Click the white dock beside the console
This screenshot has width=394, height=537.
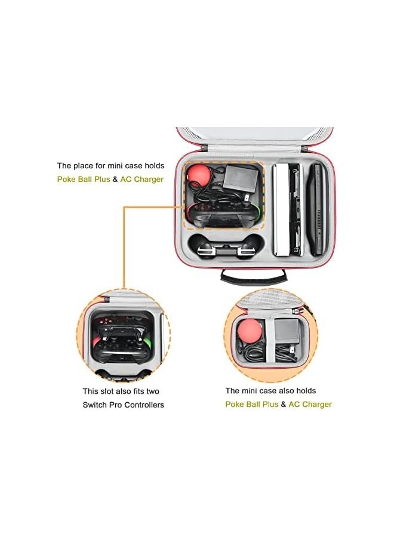(x=281, y=209)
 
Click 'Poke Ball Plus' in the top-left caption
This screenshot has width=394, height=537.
(x=84, y=179)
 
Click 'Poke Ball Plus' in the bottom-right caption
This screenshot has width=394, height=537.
(x=251, y=405)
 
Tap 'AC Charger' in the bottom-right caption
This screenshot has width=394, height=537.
(x=310, y=405)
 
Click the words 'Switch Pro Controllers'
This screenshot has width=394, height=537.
(x=123, y=405)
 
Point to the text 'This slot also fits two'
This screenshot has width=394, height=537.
(x=121, y=391)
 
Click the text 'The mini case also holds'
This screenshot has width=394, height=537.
(x=270, y=391)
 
